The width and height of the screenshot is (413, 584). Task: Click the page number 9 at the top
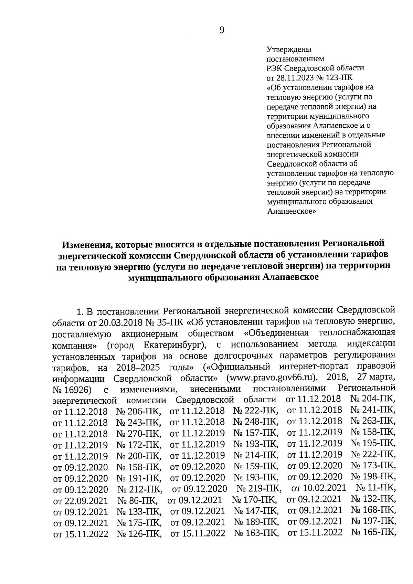pos(222,31)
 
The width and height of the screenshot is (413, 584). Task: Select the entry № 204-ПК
pos(373,399)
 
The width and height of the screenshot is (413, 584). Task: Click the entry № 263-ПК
pos(373,421)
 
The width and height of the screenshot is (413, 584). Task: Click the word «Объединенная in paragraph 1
pos(277,333)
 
